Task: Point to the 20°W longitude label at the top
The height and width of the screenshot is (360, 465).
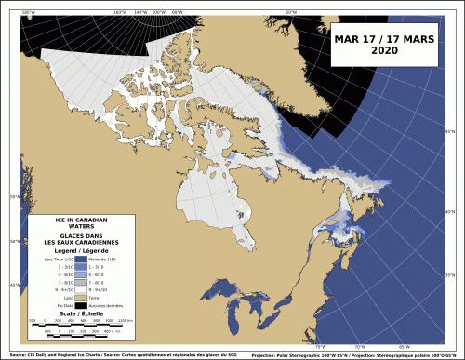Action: click(x=291, y=12)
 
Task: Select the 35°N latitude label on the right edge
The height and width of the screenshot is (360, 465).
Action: click(x=451, y=275)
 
